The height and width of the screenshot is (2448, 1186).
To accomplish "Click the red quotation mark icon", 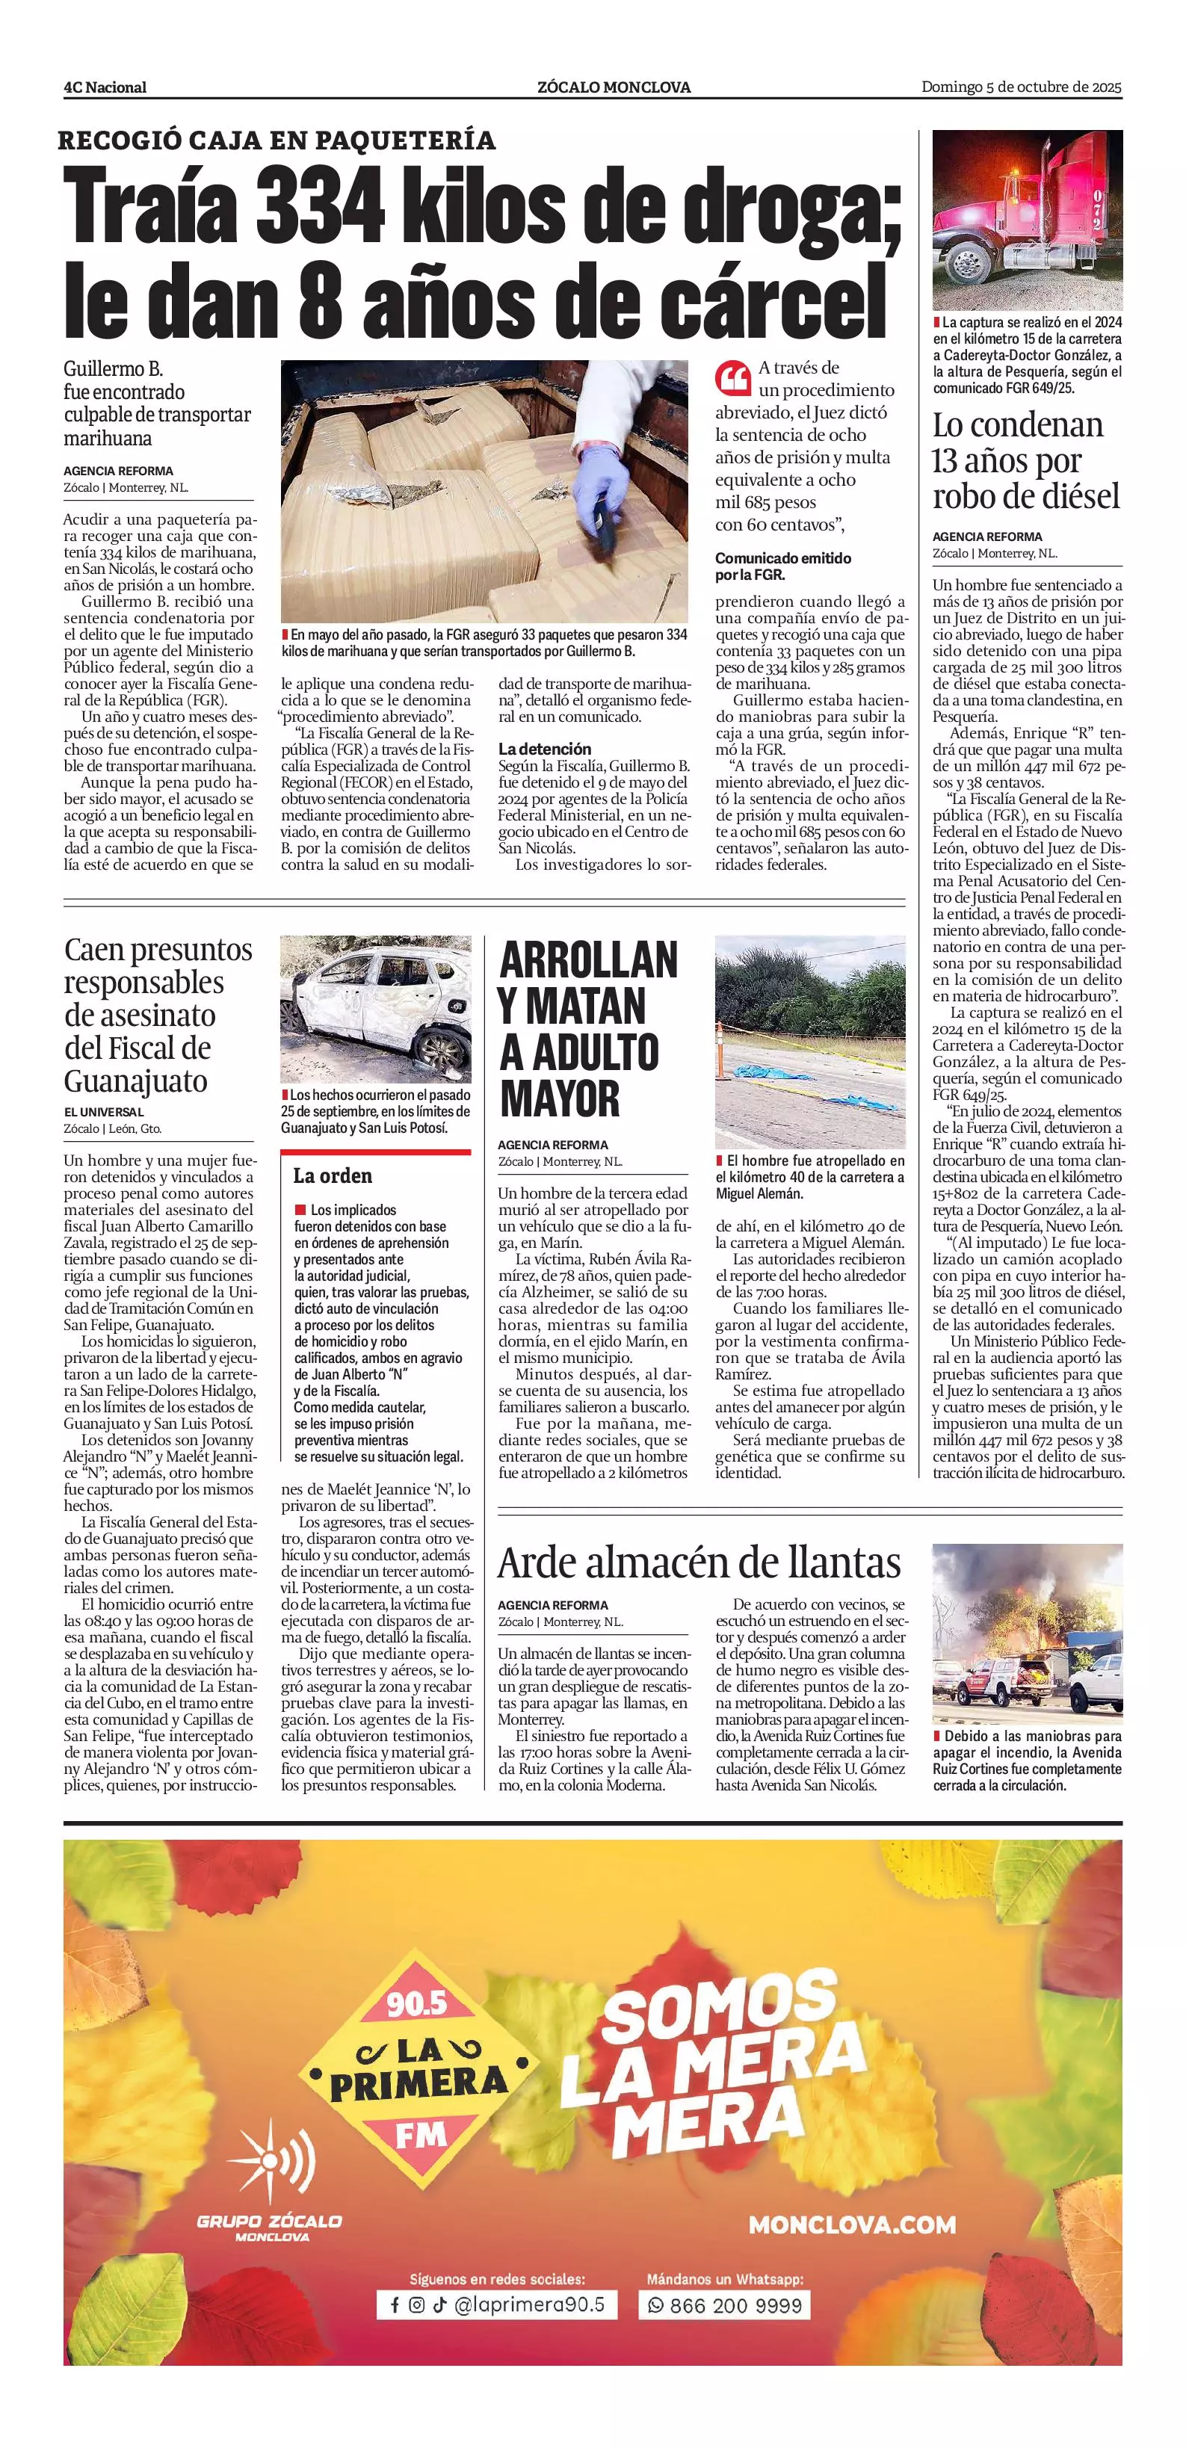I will pos(732,377).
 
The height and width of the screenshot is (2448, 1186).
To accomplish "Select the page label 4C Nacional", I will pos(105,87).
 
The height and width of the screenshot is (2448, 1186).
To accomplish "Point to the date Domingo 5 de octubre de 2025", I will pos(1021,87).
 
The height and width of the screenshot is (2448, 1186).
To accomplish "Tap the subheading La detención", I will pos(545,749).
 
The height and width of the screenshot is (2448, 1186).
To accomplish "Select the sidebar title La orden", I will pos(333,1175).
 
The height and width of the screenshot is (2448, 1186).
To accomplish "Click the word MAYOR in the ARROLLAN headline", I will pos(560,1098).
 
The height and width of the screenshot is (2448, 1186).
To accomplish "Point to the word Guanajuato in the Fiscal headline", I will pos(135,1081).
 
